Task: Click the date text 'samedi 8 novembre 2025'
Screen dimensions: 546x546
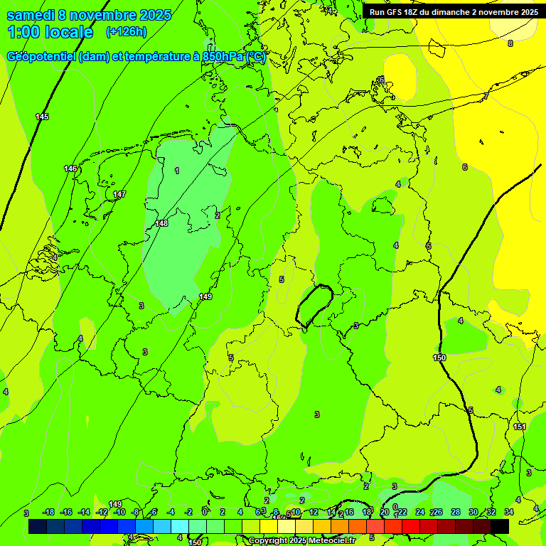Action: [x=88, y=15]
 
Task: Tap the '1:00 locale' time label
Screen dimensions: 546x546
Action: [x=50, y=32]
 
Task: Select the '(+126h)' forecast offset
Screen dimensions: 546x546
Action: [x=126, y=32]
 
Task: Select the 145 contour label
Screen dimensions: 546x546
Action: [x=42, y=117]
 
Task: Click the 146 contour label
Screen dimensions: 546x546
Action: [x=70, y=168]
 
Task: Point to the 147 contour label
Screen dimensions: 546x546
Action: [x=119, y=194]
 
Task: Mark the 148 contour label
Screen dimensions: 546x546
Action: [x=161, y=223]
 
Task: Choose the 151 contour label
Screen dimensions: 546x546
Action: [x=520, y=427]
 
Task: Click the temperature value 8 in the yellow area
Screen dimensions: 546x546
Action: [x=510, y=43]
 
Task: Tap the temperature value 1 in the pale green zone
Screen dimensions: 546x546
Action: [x=177, y=170]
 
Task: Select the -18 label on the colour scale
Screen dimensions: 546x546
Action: [x=48, y=512]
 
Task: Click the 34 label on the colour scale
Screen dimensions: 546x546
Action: [x=509, y=512]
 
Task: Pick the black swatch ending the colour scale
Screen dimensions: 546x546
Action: [x=500, y=526]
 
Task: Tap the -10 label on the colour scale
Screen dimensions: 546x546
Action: [x=119, y=512]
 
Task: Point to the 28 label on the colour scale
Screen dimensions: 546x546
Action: [x=456, y=512]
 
